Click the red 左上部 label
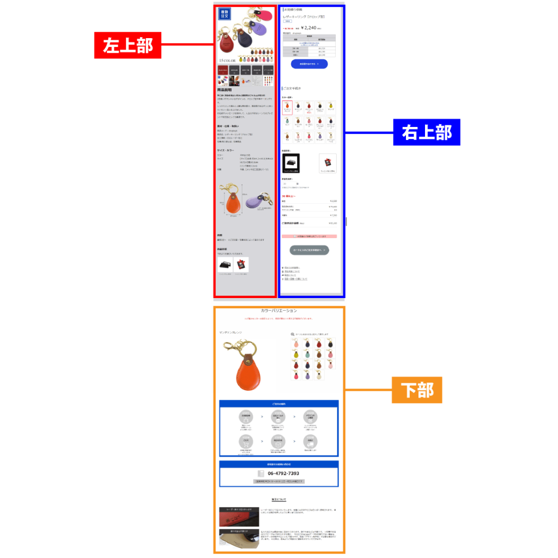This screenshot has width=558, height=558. click(x=128, y=45)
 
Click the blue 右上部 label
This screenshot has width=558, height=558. click(x=427, y=132)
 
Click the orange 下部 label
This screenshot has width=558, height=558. click(x=417, y=390)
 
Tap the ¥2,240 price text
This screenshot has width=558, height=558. click(x=308, y=27)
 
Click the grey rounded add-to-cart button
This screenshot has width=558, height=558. click(x=309, y=250)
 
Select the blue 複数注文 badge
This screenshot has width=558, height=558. click(x=225, y=14)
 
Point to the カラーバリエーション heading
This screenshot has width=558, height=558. click(x=278, y=311)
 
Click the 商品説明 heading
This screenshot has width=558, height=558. click(x=225, y=90)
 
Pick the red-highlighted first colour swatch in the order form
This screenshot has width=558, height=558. click(x=287, y=107)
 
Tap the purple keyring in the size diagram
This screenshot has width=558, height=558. click(x=254, y=202)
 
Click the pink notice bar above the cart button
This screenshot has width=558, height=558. click(x=309, y=236)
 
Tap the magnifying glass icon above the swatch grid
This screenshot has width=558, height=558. click(x=293, y=335)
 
